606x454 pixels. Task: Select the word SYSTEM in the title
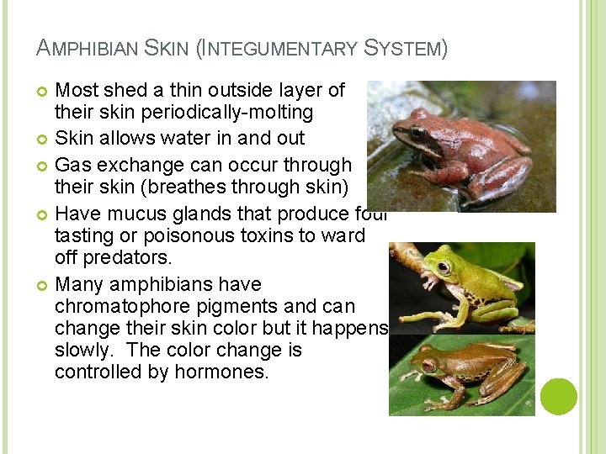pos(403,49)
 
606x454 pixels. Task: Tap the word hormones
pos(221,372)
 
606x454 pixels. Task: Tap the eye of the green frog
pos(443,267)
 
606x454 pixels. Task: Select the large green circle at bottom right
pos(559,397)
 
